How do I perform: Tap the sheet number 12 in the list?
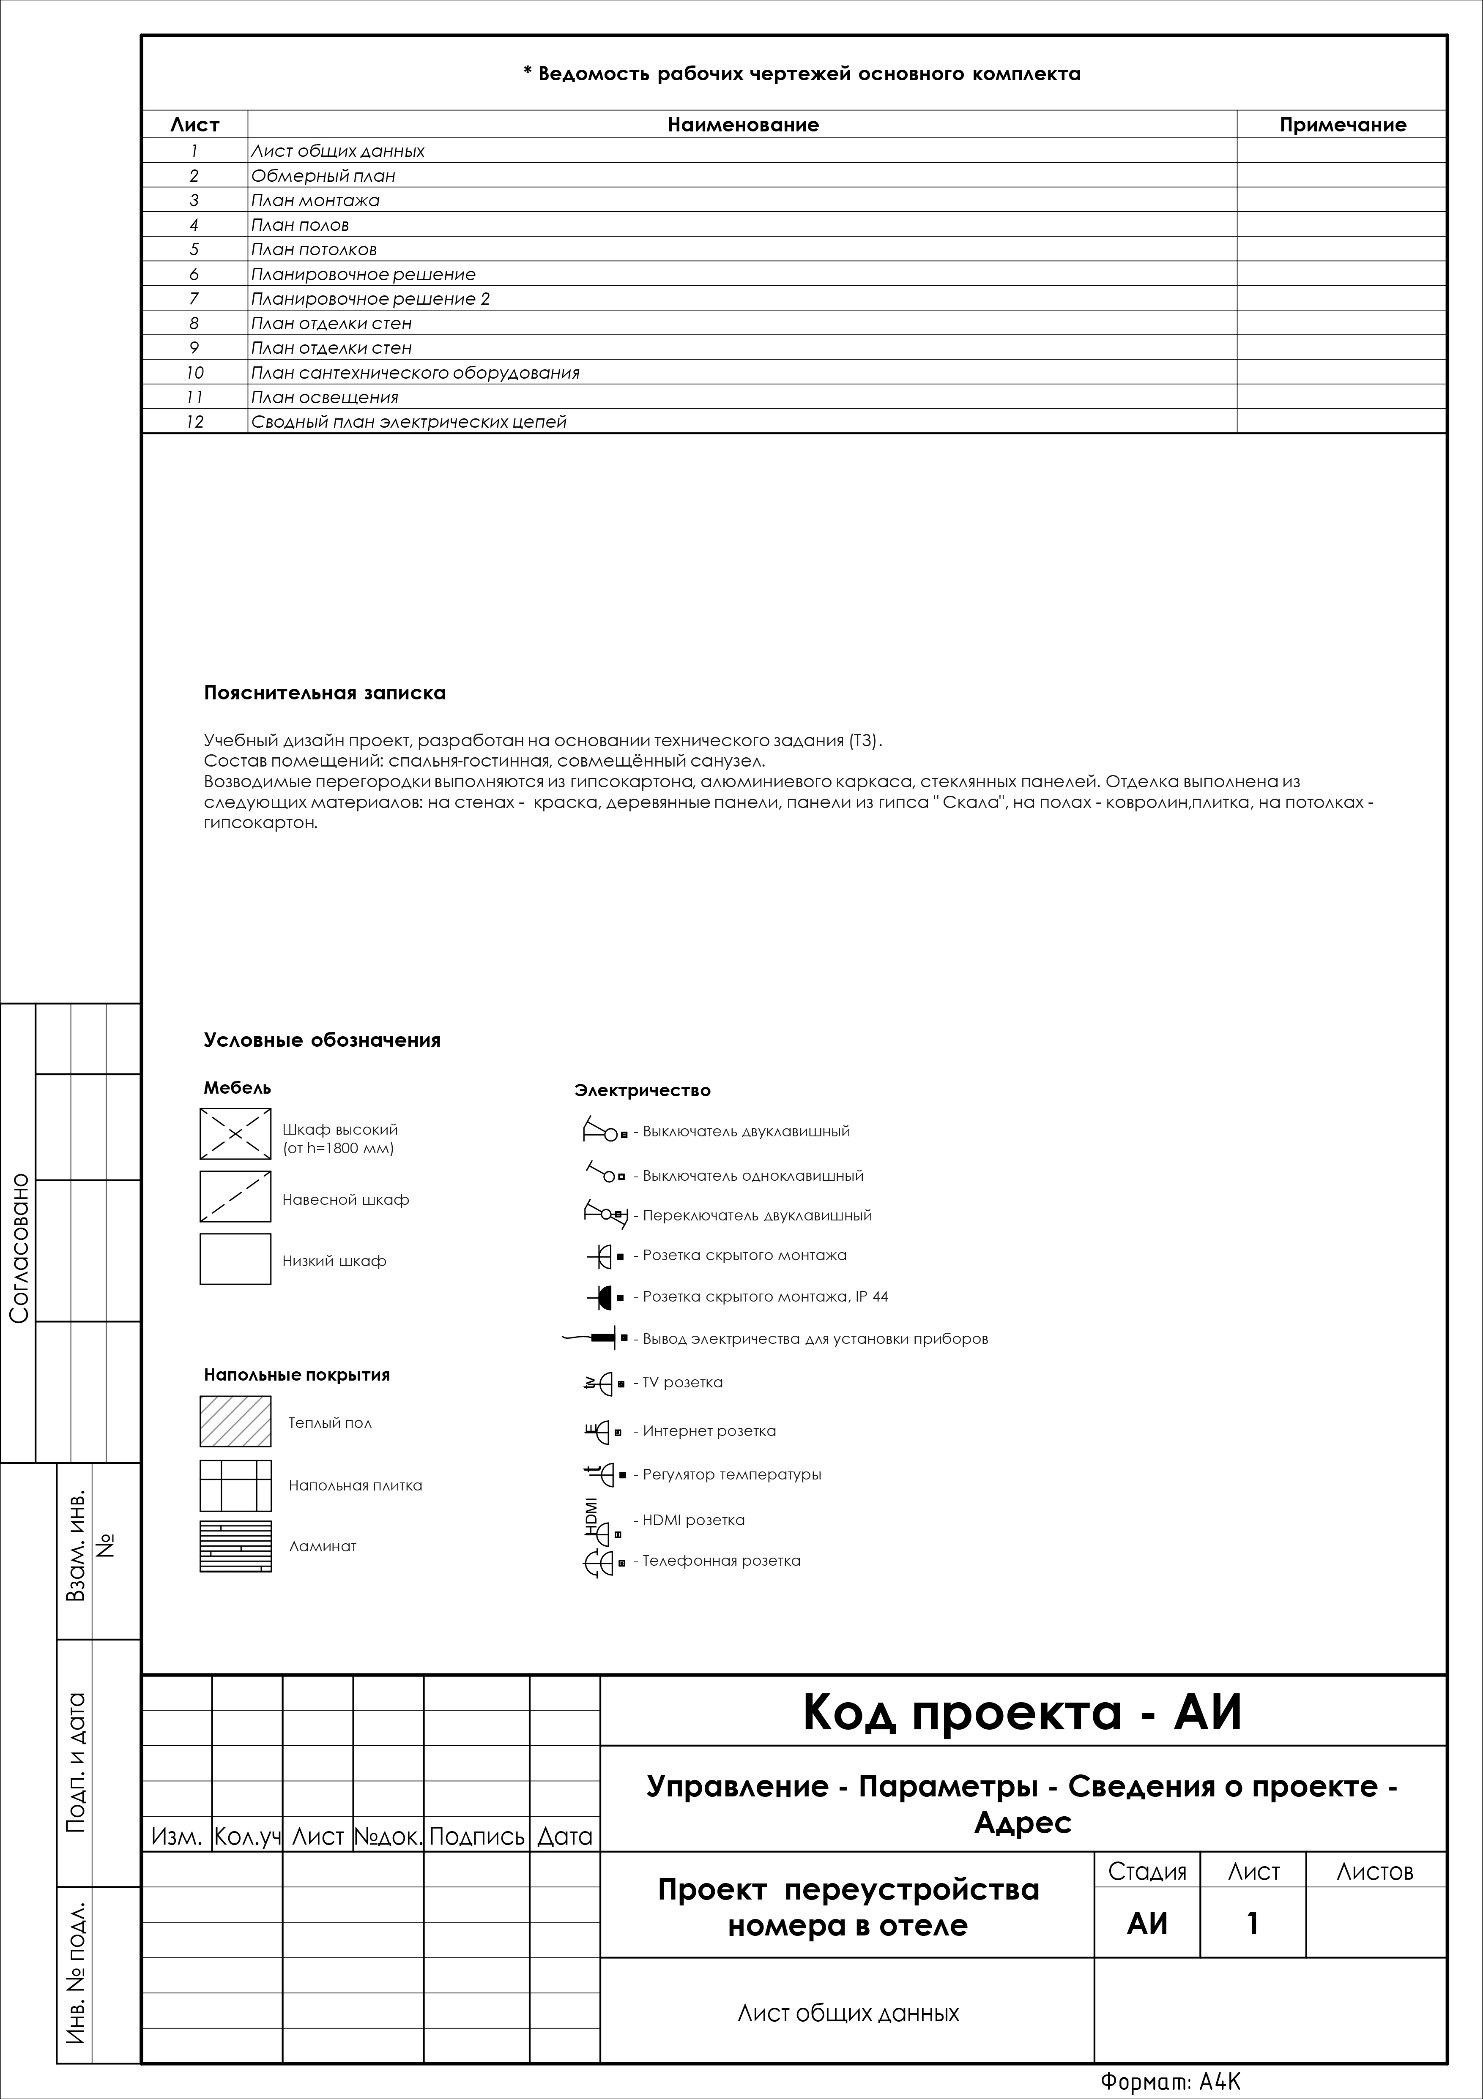194,421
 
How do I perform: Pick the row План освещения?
325,397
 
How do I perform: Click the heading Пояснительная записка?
325,693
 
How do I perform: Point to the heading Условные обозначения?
322,1040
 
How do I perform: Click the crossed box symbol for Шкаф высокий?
235,1134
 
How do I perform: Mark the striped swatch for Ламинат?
235,1546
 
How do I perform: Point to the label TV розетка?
682,1382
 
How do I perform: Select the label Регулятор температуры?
731,1474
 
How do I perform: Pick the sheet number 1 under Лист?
1253,1924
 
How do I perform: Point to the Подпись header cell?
476,1836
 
